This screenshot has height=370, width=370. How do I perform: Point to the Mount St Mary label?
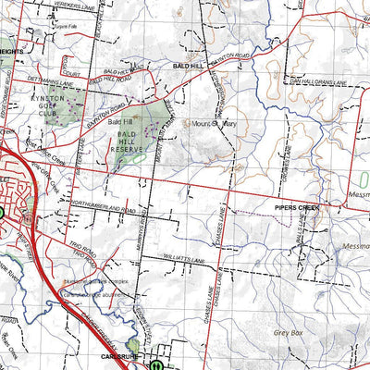pyautogui.click(x=212, y=122)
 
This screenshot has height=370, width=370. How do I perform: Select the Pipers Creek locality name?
pyautogui.click(x=296, y=209)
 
